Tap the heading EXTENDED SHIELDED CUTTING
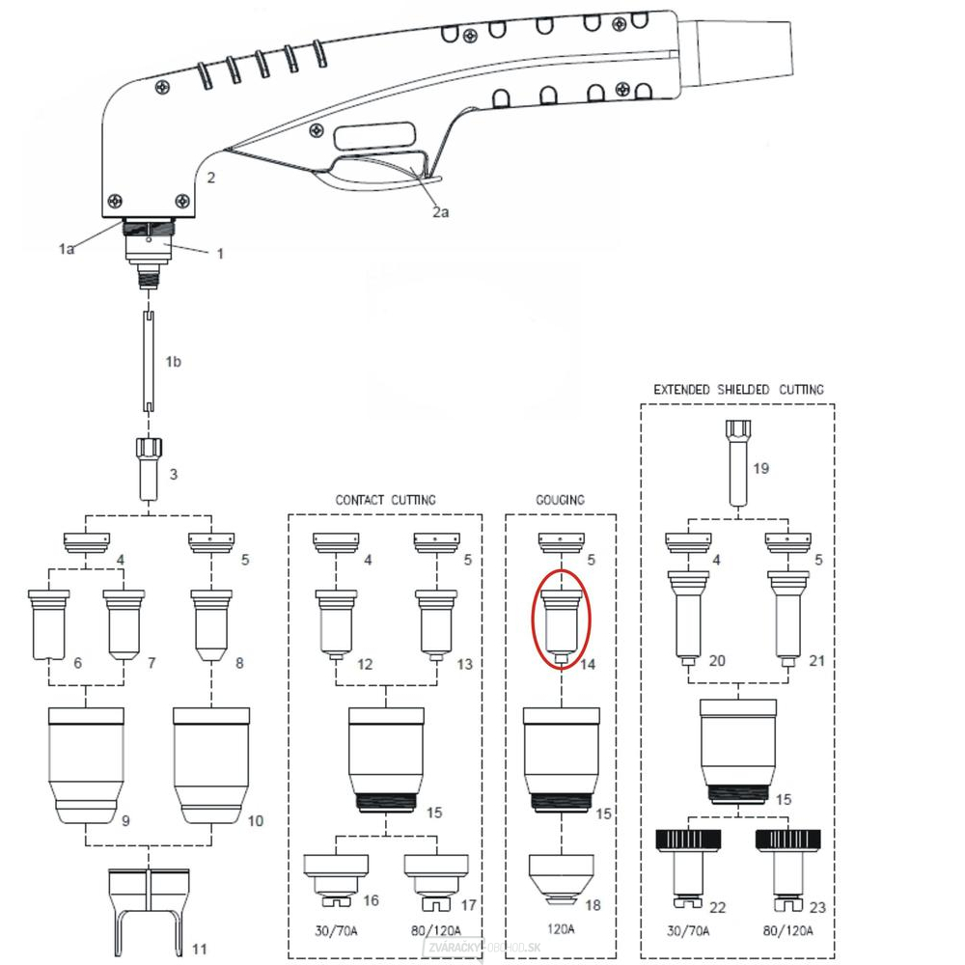coord(738,390)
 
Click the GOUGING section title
coord(560,500)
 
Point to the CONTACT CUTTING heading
coord(385,500)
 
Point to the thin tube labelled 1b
coord(151,363)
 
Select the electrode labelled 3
coord(149,467)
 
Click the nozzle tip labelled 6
coord(48,623)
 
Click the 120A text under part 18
coord(561,929)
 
